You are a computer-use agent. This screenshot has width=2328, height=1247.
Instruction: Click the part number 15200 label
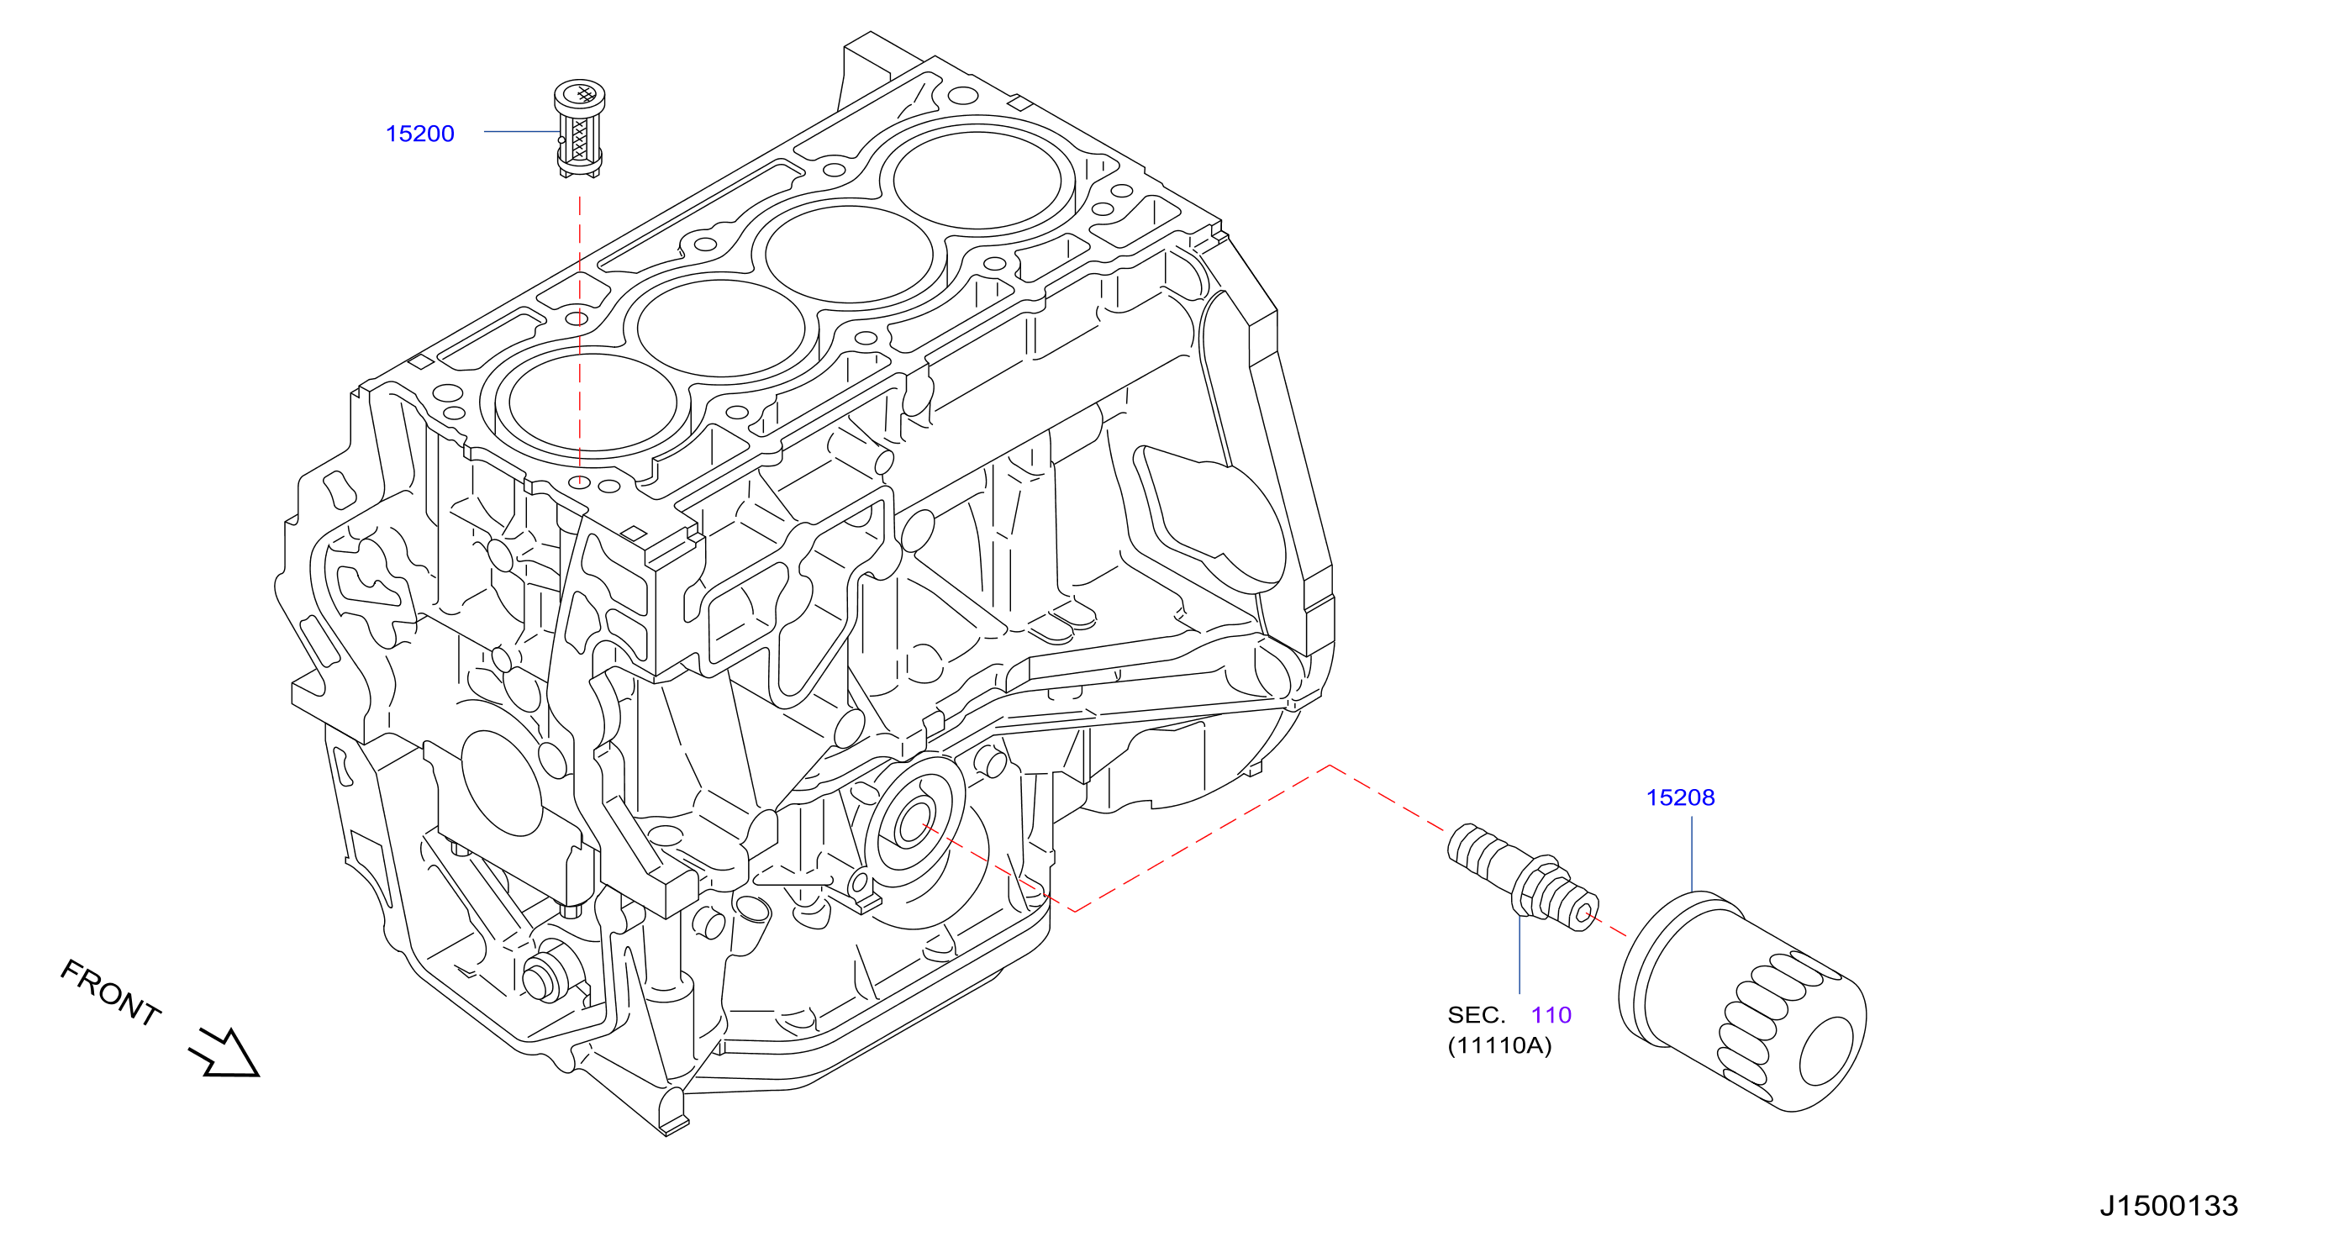(420, 134)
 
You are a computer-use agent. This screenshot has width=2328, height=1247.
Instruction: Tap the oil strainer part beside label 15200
(579, 129)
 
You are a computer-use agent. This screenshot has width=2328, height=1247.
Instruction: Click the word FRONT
(110, 992)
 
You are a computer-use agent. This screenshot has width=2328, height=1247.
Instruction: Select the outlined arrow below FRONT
(225, 1054)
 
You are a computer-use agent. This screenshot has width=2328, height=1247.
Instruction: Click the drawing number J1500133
(2168, 1206)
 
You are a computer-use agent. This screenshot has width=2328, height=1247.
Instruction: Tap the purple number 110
(1551, 1016)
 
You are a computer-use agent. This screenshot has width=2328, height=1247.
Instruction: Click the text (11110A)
(1499, 1045)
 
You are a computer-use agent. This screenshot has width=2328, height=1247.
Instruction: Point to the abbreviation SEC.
(1476, 1016)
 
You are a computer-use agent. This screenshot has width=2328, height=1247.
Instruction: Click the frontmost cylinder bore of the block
(593, 403)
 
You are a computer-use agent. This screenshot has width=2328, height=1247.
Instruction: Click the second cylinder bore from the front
(721, 329)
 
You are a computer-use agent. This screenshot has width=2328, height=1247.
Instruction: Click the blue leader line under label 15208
(1692, 855)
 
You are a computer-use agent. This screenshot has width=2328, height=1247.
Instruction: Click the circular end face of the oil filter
(1833, 1051)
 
